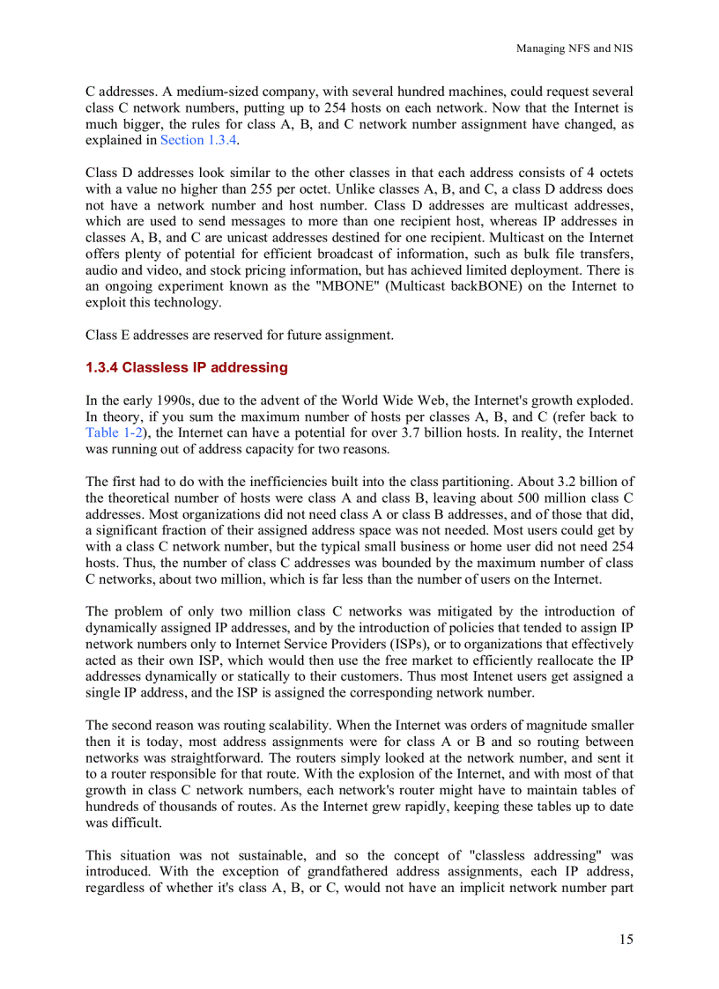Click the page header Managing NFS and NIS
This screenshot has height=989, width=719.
click(574, 48)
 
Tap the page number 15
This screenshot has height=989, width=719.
click(626, 940)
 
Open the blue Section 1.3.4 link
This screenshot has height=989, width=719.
click(198, 140)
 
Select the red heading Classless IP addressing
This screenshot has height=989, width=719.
click(187, 367)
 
